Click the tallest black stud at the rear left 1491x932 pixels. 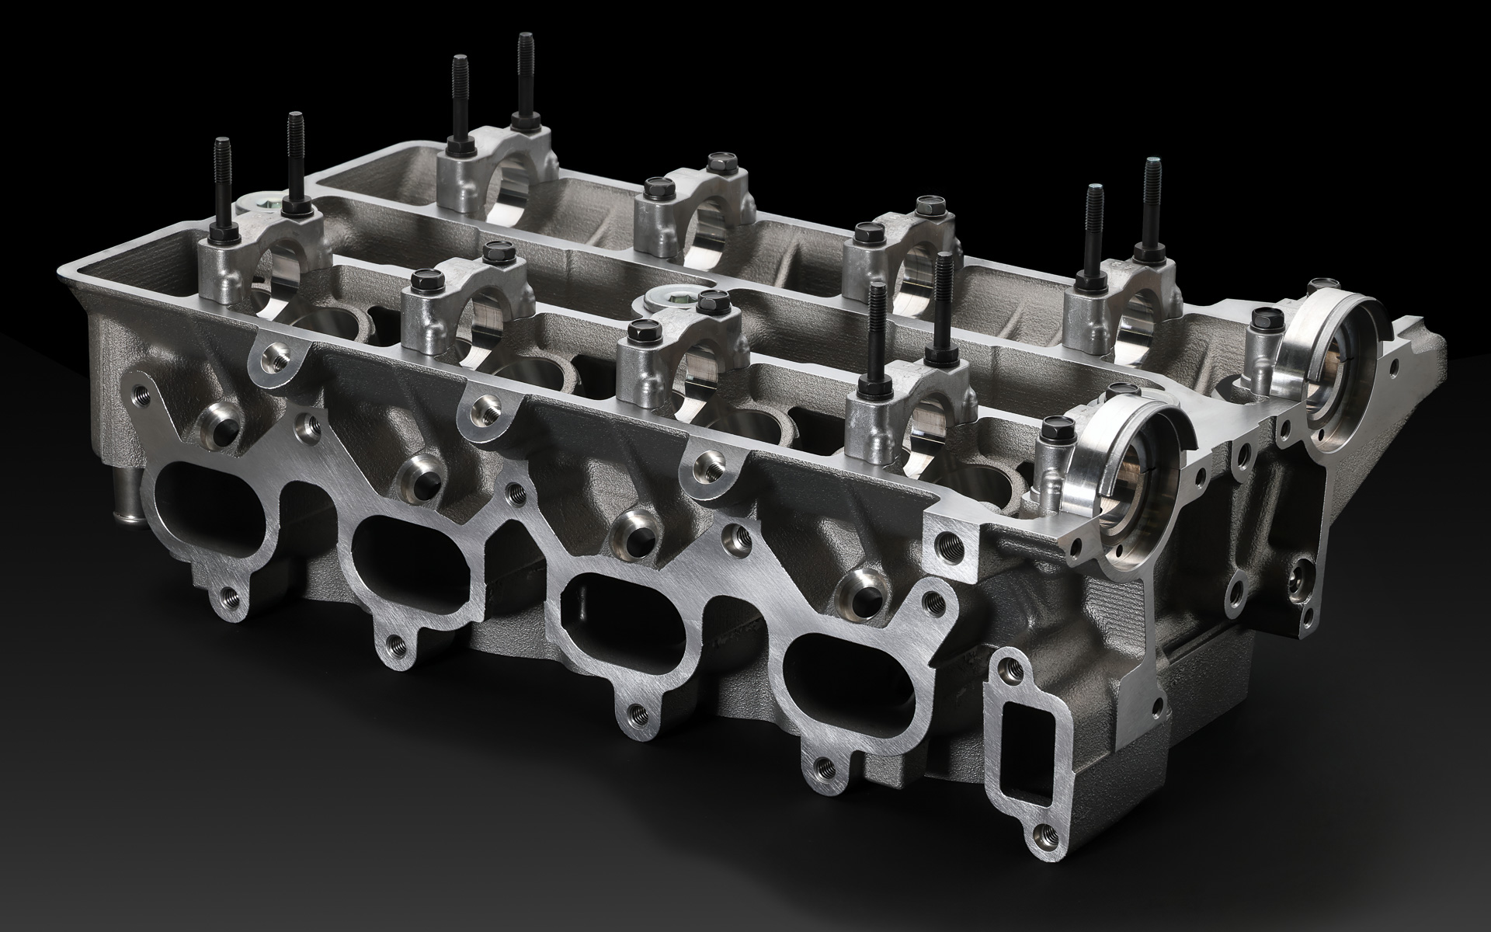526,78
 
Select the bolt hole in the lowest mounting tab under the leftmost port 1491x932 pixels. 229,596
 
